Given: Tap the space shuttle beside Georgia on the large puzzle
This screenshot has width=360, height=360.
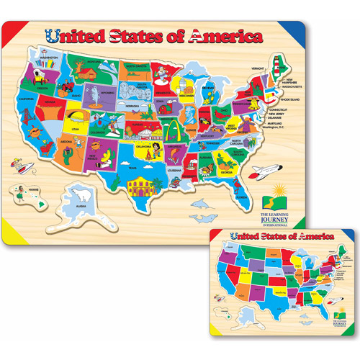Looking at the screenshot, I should (266, 171).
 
